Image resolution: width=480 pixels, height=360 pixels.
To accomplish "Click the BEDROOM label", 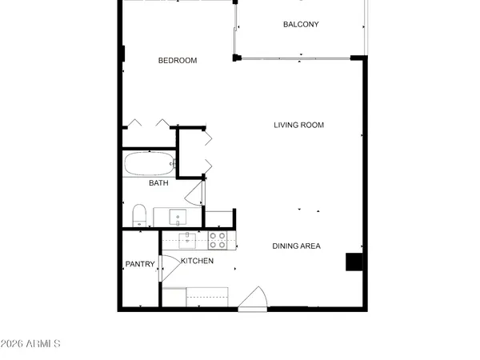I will point(177,61).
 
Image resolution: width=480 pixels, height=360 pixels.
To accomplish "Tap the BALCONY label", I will point(301,24).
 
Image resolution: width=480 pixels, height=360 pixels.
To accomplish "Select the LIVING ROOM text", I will point(298,125).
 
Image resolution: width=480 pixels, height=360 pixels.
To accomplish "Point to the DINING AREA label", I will point(296,246).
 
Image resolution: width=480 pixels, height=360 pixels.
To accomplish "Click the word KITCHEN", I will point(197,261).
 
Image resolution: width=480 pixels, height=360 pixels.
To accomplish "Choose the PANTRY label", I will point(139,265).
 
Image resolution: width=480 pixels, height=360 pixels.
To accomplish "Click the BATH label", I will point(158,183).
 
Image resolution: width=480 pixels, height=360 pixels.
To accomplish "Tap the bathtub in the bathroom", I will point(149,164).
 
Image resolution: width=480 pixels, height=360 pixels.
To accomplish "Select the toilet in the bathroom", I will point(139,214).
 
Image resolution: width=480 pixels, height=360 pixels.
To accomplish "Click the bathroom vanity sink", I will point(178,216).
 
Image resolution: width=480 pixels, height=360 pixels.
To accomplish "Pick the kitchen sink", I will point(188,239).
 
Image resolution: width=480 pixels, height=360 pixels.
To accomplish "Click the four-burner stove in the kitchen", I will point(218,240).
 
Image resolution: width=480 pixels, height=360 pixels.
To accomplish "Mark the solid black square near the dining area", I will point(353,262).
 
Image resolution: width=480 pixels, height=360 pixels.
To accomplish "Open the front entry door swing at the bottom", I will point(254,298).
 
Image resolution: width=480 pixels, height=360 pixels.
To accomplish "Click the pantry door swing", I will point(170,267).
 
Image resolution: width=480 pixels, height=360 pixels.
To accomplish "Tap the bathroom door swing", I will point(195,193).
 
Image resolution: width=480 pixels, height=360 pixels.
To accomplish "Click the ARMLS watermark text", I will point(30,344).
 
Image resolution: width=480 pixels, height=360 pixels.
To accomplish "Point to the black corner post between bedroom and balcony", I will point(236,58).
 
